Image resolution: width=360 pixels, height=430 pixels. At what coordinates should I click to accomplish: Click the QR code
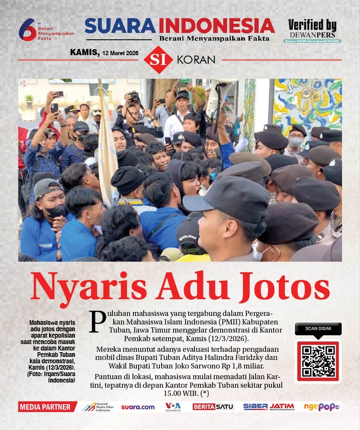(318, 361)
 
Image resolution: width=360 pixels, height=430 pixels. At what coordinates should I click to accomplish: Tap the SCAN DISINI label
(318, 329)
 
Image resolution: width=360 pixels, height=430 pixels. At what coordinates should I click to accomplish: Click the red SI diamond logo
(158, 59)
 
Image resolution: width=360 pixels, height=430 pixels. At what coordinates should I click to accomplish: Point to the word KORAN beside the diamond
(196, 60)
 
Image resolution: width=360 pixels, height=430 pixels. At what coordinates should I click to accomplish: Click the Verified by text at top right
(312, 25)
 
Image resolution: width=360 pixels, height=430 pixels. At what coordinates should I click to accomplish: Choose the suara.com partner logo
(138, 407)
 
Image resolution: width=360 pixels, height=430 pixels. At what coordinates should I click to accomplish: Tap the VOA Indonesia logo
(173, 407)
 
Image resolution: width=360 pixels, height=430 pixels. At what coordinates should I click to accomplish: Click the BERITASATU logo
(213, 407)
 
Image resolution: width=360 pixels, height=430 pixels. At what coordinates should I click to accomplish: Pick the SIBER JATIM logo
(269, 407)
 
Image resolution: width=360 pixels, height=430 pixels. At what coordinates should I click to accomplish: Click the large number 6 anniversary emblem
(27, 29)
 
